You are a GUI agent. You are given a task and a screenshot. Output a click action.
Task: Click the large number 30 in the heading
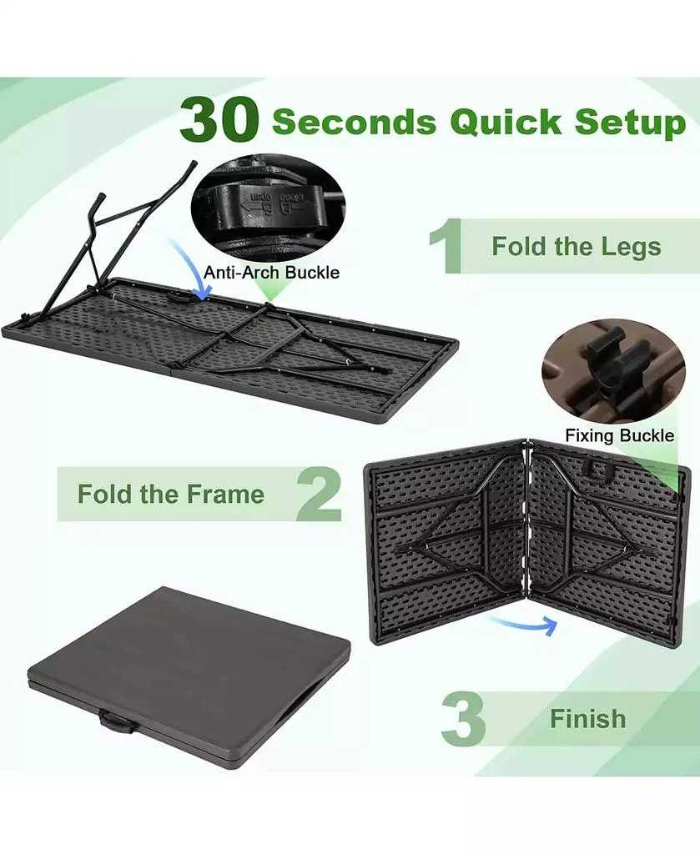(x=219, y=119)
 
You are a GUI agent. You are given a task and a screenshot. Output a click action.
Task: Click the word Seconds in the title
(x=354, y=122)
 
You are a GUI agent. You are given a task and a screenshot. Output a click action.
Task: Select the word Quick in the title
(x=506, y=122)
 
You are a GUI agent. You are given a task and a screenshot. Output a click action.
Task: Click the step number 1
(x=445, y=246)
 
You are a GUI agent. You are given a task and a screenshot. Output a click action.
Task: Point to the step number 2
(x=320, y=494)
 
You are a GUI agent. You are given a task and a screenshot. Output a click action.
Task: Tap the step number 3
(x=463, y=718)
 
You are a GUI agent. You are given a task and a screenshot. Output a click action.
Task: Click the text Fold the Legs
(x=577, y=246)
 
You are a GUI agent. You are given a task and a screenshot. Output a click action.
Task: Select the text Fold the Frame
(x=170, y=494)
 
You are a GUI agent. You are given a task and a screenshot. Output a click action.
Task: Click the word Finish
(x=587, y=719)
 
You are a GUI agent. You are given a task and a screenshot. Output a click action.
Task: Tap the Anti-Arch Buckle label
(x=271, y=273)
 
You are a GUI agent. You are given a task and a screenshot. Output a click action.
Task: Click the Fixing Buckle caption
(x=619, y=435)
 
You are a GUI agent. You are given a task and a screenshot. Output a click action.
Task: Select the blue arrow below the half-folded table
(x=523, y=624)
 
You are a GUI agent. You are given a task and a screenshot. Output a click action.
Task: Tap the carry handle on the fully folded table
(x=117, y=723)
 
